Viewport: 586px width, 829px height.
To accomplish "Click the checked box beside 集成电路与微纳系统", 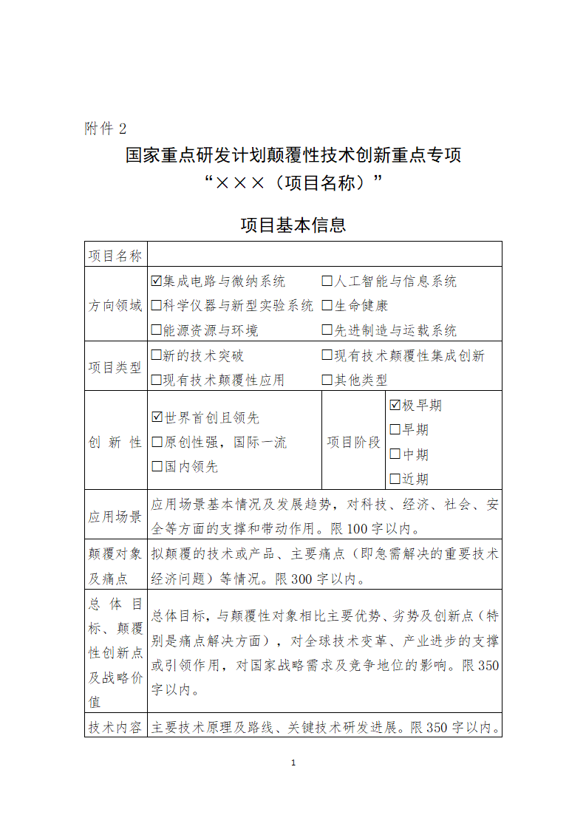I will coord(156,282).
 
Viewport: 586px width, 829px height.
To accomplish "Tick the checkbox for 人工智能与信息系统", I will coord(327,282).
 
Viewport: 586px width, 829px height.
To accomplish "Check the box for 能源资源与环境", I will coord(156,330).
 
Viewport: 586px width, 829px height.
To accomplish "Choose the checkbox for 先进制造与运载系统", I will coord(327,330).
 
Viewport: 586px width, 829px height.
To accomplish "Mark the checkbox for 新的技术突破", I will coord(156,355).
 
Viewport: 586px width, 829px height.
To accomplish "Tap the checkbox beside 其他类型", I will coord(327,380).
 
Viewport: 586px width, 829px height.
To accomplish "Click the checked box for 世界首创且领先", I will coord(157,417).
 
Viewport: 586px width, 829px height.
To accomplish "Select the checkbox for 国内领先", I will coord(156,466).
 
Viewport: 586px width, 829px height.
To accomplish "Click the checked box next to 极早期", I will coord(395,405).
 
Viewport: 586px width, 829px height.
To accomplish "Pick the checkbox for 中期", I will coord(395,454).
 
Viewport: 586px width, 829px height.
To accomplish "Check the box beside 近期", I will coord(395,479).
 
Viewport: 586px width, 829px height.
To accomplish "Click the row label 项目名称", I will coord(115,256).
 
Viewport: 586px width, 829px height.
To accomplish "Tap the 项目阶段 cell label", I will coord(353,442).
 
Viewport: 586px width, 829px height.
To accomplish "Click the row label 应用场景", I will coord(115,516).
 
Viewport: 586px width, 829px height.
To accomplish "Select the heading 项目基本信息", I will coord(293,225).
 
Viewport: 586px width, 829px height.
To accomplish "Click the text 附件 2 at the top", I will coord(106,129).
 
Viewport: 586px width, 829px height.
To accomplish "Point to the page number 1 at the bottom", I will coord(293,763).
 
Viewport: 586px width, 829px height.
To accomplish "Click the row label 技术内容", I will coord(115,727).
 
